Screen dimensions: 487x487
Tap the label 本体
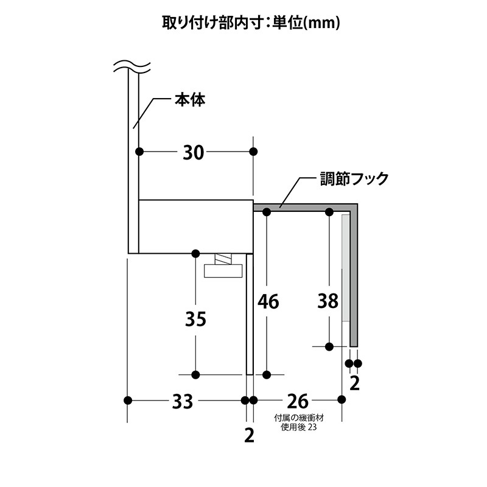(x=190, y=100)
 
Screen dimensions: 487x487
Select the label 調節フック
(x=354, y=179)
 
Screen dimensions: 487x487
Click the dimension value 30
(x=193, y=153)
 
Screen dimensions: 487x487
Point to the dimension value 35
(x=195, y=319)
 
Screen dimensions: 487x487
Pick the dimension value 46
(x=268, y=301)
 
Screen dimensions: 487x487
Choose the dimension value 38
(x=328, y=301)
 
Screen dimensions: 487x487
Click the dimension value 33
(x=183, y=402)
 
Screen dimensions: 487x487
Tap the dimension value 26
(x=298, y=402)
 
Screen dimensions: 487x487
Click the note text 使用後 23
(x=299, y=427)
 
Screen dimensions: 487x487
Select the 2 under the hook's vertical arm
(x=355, y=384)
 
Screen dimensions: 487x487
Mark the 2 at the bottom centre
(x=250, y=435)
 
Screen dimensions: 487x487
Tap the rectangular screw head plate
(x=223, y=271)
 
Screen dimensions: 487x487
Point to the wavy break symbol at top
(x=132, y=66)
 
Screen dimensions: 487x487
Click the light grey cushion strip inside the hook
(x=345, y=268)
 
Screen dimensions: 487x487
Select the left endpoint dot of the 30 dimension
(x=139, y=152)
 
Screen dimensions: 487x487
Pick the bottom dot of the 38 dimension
(x=329, y=346)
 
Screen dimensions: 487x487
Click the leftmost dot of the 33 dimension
(x=128, y=400)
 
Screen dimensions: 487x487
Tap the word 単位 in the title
(x=287, y=23)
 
